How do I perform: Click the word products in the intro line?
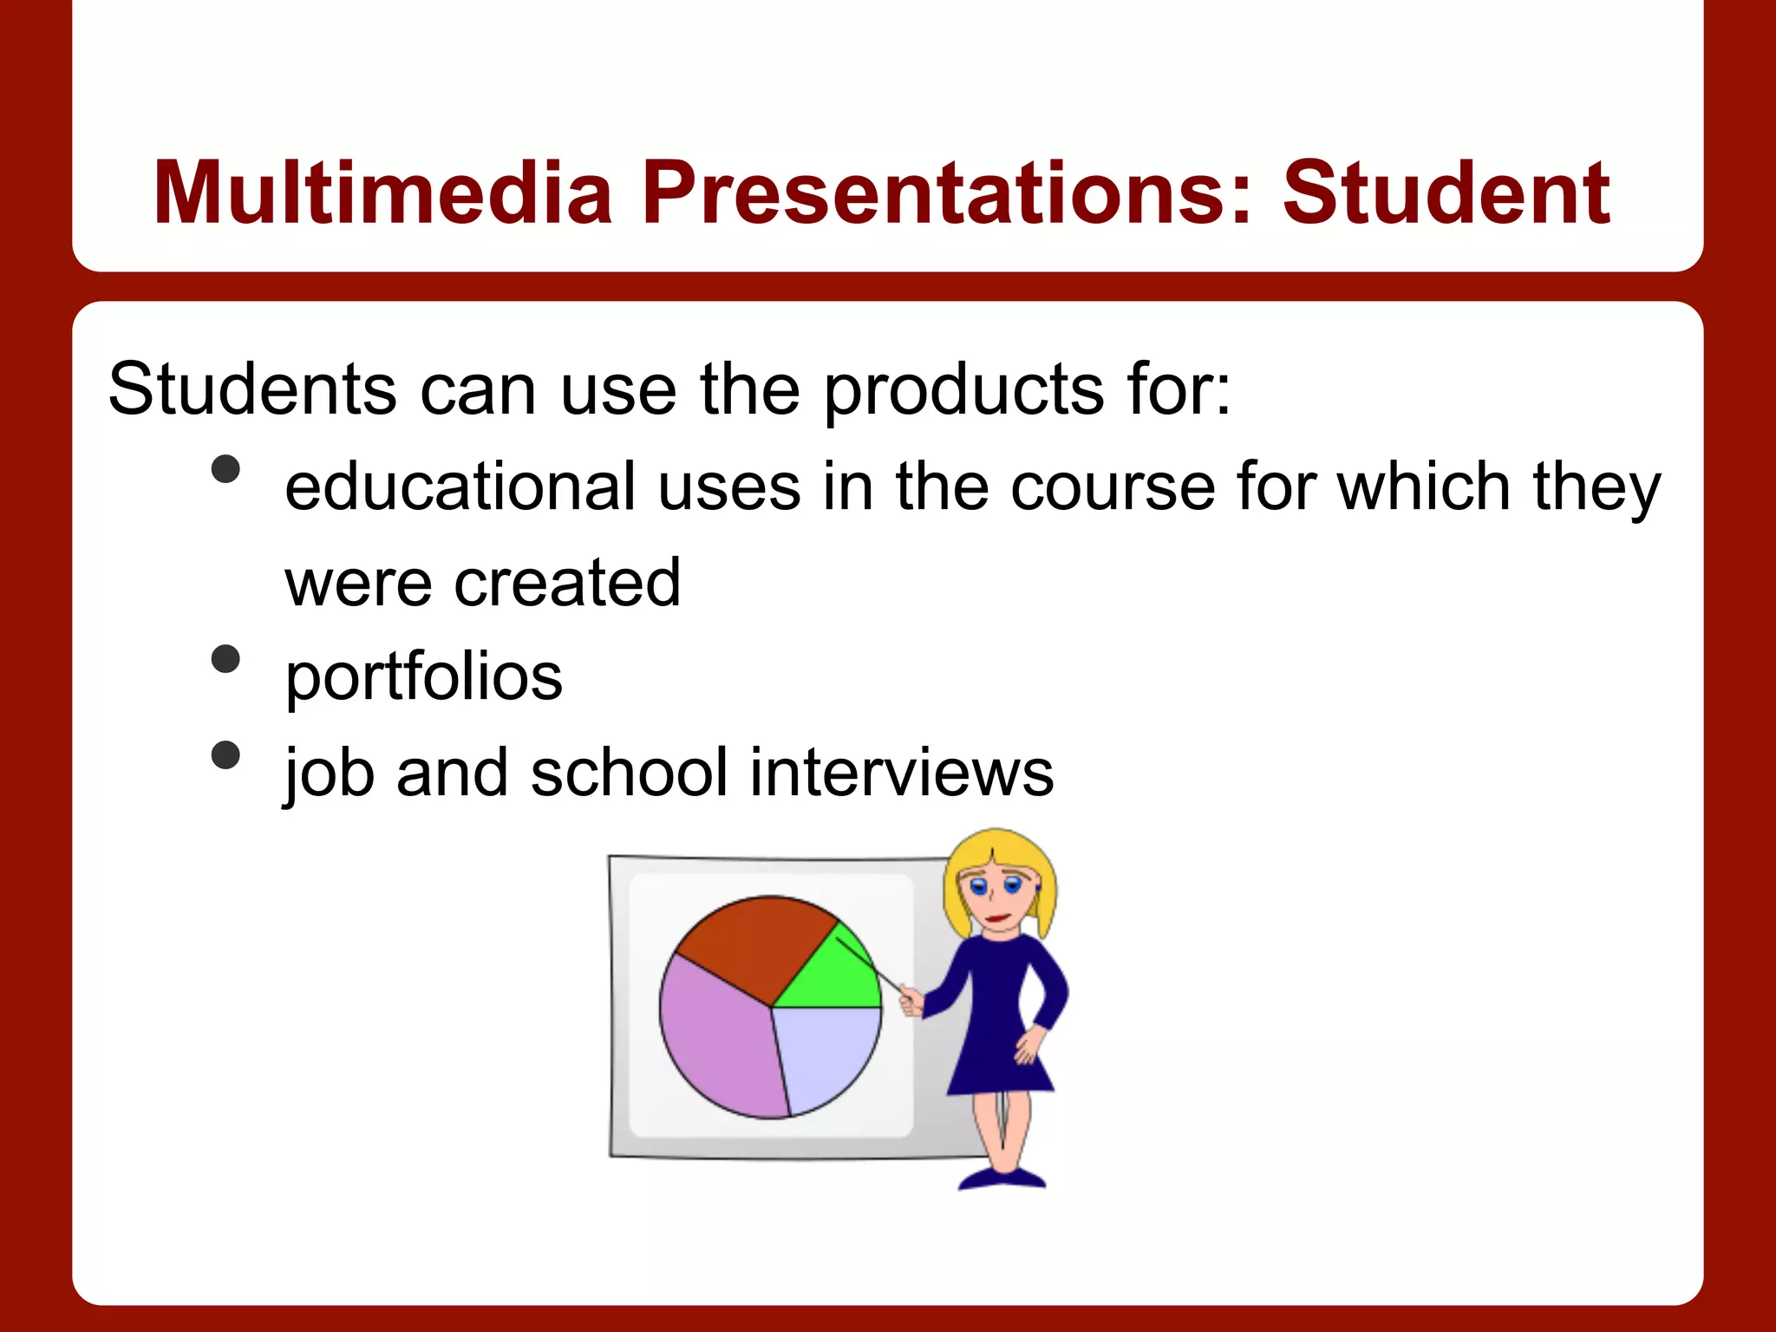tap(963, 389)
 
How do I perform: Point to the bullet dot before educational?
tap(225, 469)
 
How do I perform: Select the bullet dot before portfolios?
tap(225, 659)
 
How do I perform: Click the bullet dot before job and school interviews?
tap(225, 754)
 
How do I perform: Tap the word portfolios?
tap(424, 676)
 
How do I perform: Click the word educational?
tap(460, 486)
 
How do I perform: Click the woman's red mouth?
tap(997, 917)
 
